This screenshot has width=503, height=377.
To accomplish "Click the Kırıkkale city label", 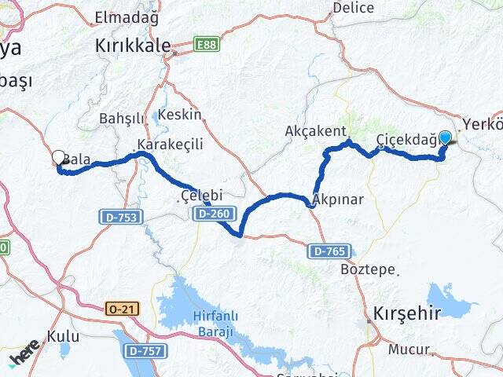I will click(132, 46).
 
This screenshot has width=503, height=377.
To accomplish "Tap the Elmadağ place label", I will click(126, 17).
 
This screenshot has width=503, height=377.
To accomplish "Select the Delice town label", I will click(353, 8).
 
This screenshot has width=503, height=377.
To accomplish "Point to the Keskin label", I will click(180, 115).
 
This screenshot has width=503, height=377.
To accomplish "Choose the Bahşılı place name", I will click(122, 119).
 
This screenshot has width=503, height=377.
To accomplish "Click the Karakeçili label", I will click(170, 145).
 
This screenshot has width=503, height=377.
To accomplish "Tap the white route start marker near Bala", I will click(58, 158).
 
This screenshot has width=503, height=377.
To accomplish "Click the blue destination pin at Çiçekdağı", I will click(445, 138).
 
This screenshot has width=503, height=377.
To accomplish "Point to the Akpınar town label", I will click(338, 199).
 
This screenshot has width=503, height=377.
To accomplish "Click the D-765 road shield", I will click(328, 251).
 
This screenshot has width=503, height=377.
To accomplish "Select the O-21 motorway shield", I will click(123, 309).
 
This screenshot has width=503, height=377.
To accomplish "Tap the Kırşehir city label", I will click(407, 310).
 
